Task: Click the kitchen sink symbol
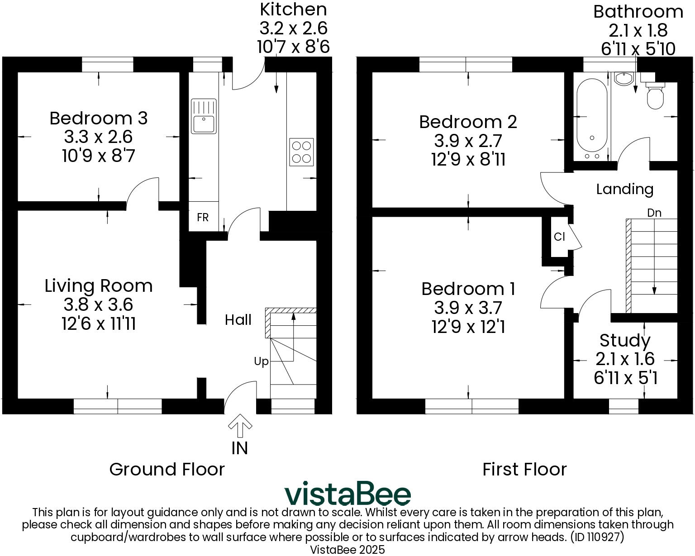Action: point(204,116)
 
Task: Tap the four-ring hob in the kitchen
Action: point(301,152)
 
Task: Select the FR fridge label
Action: point(203,218)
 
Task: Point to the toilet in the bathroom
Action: point(655,96)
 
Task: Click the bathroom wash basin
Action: point(624,79)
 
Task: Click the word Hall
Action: point(238,320)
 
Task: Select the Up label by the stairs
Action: point(261,361)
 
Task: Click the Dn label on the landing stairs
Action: point(654,213)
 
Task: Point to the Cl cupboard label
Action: point(559,237)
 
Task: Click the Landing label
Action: point(624,189)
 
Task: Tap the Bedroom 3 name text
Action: point(99,119)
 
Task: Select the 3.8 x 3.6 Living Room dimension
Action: point(98,305)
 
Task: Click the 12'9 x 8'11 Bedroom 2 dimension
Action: point(468,160)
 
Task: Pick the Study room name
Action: point(625,340)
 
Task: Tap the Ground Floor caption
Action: point(167,470)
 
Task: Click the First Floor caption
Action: point(524,470)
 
